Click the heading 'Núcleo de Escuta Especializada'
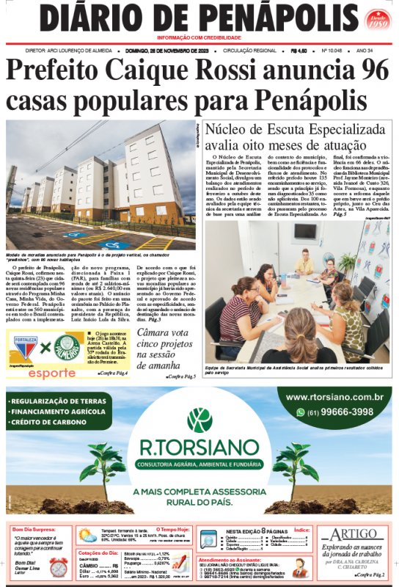pos(297,129)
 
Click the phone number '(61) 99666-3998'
pos(340,412)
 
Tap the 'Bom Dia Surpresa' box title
pos(36,528)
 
